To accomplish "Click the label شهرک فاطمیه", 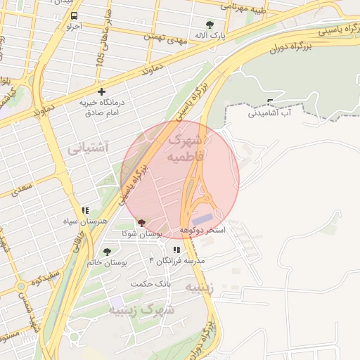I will click(186, 148).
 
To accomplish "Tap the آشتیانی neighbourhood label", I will click(88, 148).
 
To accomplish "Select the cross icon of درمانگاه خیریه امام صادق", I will click(103, 91).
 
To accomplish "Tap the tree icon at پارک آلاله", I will click(209, 25).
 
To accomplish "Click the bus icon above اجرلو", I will click(75, 15).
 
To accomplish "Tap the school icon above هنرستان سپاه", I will click(85, 210).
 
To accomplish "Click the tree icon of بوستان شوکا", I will click(142, 222).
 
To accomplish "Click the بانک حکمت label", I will click(151, 283).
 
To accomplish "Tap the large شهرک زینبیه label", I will click(147, 309).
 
